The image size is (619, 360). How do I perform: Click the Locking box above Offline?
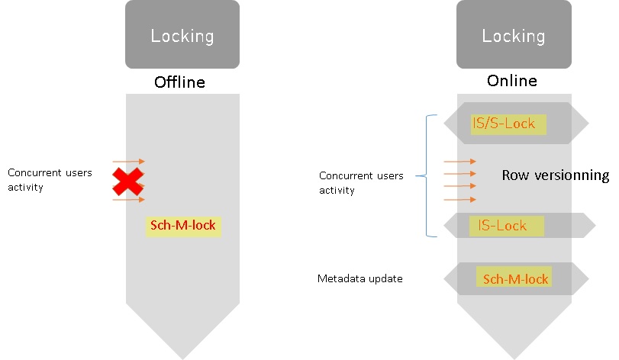[182, 35]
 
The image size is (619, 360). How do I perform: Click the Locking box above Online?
[513, 35]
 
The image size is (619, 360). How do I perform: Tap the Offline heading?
[180, 82]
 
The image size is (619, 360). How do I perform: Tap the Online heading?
[512, 81]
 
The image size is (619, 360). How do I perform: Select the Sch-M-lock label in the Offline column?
[183, 226]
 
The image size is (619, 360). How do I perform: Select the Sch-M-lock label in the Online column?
[515, 279]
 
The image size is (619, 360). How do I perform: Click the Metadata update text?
[359, 279]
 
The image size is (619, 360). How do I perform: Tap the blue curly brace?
[427, 175]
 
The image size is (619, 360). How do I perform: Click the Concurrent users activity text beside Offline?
[50, 179]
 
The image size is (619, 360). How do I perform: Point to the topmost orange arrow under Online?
[459, 162]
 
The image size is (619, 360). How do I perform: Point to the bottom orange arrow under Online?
[459, 200]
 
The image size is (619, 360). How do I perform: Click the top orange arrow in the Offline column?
[128, 162]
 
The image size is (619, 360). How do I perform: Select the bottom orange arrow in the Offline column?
[128, 200]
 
